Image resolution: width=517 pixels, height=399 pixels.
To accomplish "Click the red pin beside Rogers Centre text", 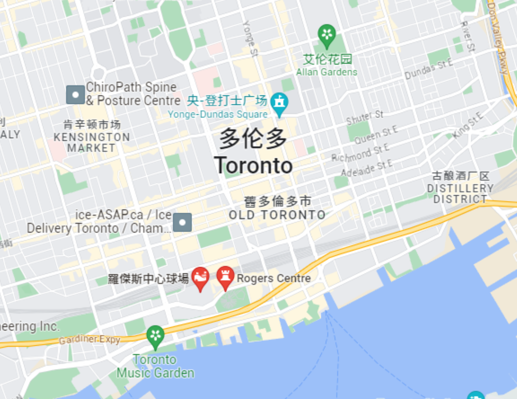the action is click(225, 277).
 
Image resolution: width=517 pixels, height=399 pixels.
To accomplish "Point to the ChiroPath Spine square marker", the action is click(76, 95).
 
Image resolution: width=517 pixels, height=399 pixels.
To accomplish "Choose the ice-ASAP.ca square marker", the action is click(182, 223).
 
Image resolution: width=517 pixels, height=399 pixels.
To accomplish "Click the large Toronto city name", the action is click(253, 166).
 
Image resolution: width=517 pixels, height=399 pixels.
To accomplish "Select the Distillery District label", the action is click(460, 194).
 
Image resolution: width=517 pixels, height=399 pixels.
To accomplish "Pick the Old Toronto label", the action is click(277, 215).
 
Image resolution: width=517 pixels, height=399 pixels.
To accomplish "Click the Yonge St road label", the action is click(251, 38).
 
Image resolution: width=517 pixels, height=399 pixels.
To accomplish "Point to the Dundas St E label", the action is click(429, 69).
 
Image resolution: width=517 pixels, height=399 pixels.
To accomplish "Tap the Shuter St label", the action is click(365, 117).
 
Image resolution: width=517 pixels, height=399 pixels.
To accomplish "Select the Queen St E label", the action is click(376, 135).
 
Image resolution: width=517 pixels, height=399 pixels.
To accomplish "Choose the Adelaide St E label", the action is click(367, 168).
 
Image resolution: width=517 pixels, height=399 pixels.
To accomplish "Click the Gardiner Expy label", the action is click(90, 339).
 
